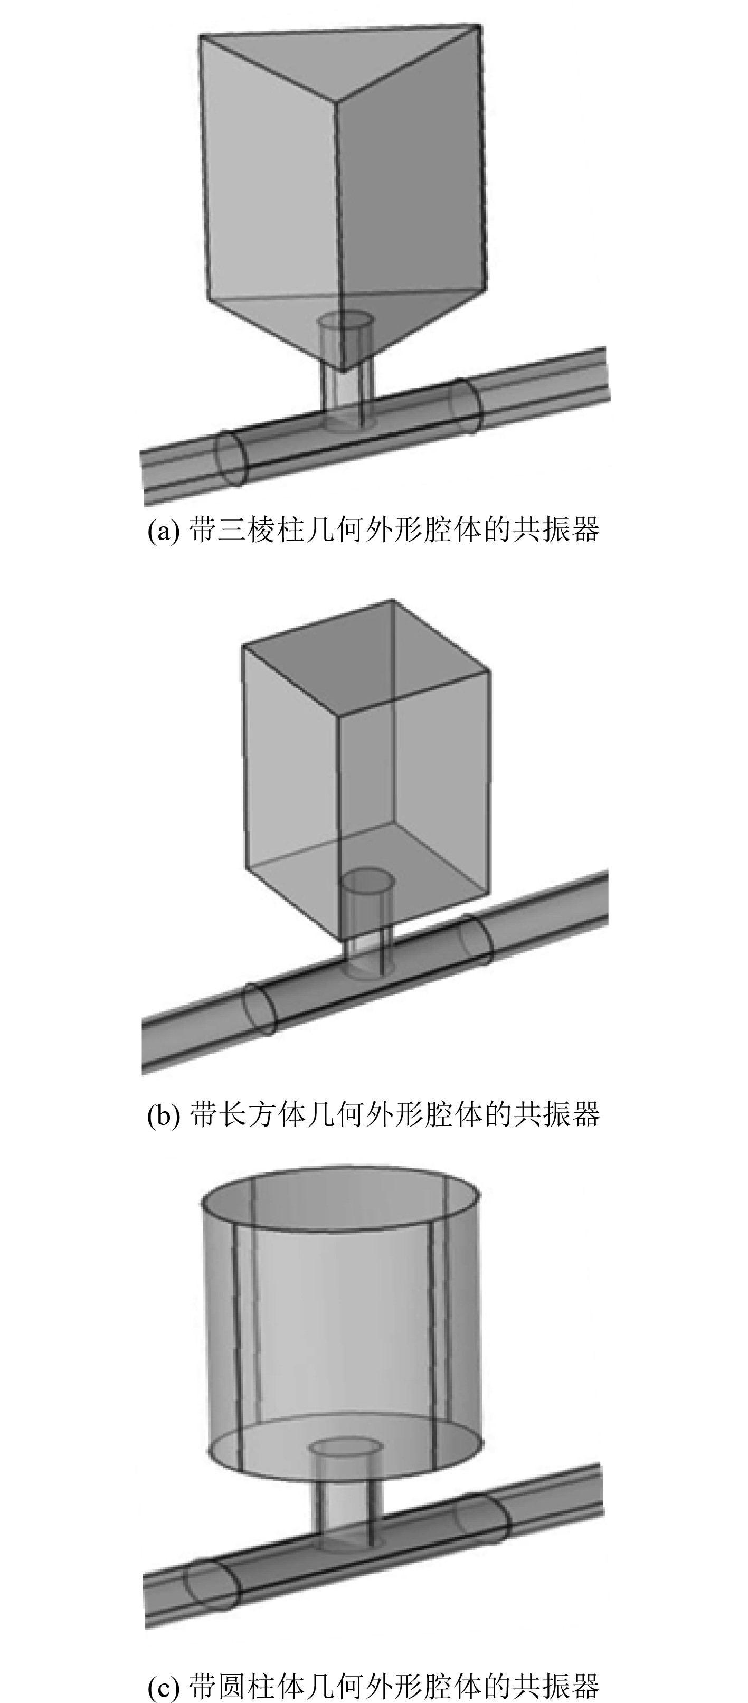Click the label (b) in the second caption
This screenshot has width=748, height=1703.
(x=163, y=1114)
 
